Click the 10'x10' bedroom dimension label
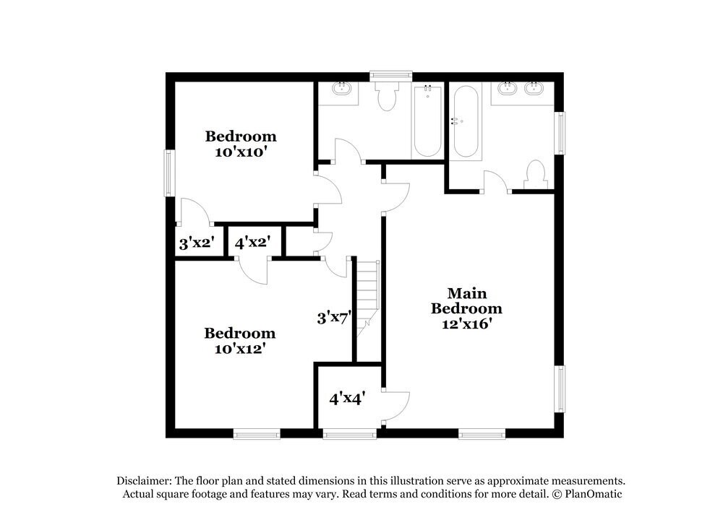click(241, 152)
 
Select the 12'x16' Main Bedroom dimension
click(467, 324)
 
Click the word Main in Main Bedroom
click(467, 293)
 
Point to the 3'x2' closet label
click(194, 243)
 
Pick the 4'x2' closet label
click(252, 243)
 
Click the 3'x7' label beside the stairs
click(334, 316)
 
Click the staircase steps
click(367, 295)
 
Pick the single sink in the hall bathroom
click(341, 90)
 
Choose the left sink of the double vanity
click(506, 90)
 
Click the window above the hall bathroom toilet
click(390, 74)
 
